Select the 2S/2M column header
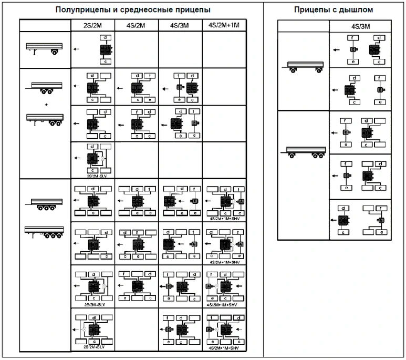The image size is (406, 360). point(92,25)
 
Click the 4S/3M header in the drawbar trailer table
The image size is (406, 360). point(360,26)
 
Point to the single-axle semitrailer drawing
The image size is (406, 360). point(44,49)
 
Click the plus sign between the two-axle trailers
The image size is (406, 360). point(46,105)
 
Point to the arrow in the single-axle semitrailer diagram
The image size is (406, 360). point(77,49)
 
